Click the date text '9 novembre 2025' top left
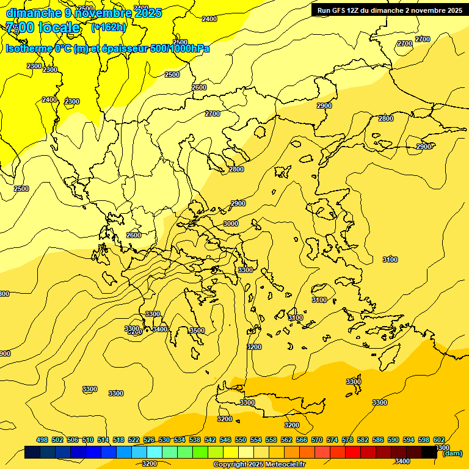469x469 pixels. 112,13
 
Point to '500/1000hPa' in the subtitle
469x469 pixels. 180,48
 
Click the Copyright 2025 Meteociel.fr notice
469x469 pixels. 259,464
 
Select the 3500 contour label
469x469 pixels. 197,330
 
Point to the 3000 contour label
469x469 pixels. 230,224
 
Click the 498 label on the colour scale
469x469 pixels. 42,440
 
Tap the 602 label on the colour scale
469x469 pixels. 438,440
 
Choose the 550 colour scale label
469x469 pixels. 241,440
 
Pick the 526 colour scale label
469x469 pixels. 149,440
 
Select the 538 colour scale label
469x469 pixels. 195,440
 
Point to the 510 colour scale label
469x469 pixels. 88,440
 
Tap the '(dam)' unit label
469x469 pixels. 452,453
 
